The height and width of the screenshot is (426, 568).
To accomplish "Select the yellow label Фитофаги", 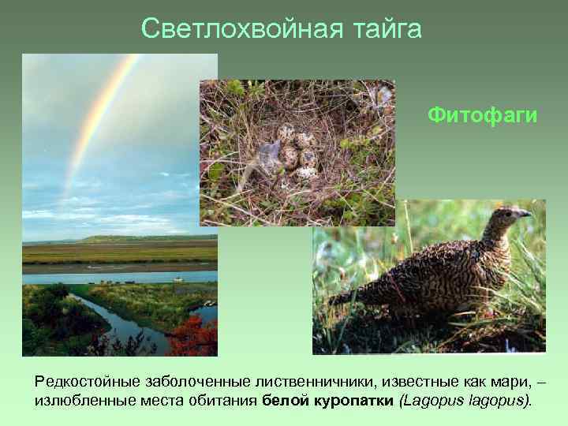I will click(x=483, y=116).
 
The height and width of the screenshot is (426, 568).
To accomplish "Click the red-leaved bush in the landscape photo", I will click(x=193, y=335).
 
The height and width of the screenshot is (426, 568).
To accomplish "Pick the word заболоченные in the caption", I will click(x=182, y=382).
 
